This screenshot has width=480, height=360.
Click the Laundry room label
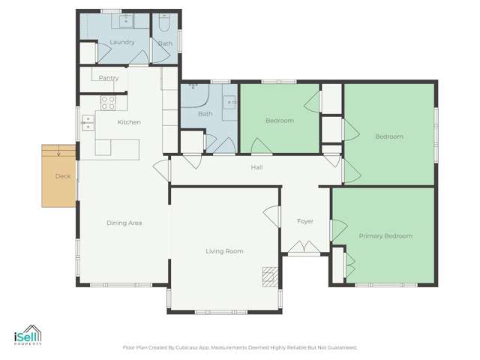121,42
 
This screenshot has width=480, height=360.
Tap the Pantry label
109,77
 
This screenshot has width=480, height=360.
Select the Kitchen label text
129,122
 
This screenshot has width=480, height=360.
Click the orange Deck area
59,176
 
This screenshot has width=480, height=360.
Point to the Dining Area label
124,223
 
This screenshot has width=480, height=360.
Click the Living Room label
224,251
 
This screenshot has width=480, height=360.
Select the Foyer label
305,221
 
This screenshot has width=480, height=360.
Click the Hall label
256,167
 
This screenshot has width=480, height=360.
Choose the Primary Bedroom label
385,236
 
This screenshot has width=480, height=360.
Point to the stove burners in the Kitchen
108,103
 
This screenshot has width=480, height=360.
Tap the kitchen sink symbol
88,121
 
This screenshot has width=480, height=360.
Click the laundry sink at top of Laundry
126,19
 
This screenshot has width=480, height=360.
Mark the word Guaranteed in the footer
341,347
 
